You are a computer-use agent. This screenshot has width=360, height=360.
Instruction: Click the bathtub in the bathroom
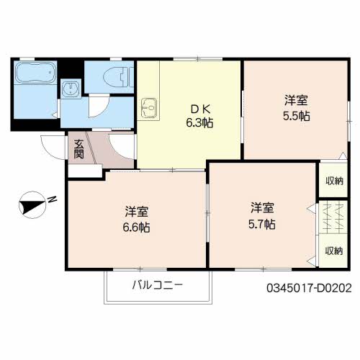36,73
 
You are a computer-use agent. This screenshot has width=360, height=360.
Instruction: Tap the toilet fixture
118,76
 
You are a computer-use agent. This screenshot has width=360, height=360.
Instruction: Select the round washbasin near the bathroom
71,89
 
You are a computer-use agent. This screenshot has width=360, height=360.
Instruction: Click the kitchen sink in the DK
149,108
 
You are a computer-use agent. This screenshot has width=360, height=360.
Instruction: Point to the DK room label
201,109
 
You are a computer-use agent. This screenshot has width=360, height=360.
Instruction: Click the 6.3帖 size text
199,123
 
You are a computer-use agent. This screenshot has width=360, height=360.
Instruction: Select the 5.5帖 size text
297,117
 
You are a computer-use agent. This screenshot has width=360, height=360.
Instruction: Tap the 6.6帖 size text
136,228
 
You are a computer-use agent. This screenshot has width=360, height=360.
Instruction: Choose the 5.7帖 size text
262,225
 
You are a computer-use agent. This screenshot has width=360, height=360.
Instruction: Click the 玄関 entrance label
78,149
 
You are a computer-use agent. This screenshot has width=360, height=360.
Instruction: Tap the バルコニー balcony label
158,285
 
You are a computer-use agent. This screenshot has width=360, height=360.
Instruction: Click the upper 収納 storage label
334,181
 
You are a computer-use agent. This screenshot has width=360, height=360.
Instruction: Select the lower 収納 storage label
334,251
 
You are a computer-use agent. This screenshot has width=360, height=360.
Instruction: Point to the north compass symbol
32,204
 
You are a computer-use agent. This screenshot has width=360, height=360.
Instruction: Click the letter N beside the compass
52,199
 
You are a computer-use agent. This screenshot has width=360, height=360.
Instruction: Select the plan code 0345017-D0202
309,288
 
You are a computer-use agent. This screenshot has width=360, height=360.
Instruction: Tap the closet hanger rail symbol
333,217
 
